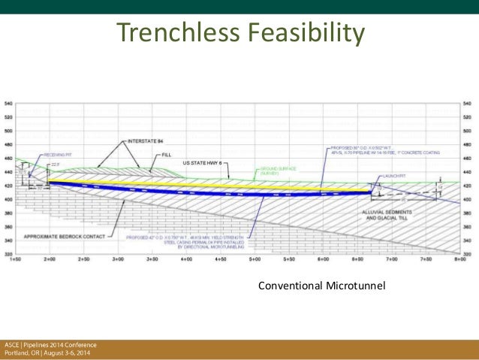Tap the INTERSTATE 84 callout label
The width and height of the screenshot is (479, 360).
pyautogui.click(x=147, y=141)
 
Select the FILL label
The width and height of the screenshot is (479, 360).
pyautogui.click(x=163, y=155)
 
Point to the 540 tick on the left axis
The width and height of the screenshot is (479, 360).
pyautogui.click(x=8, y=103)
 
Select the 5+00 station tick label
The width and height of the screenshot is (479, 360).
pyautogui.click(x=255, y=259)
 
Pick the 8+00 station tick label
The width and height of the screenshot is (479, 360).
pyautogui.click(x=459, y=259)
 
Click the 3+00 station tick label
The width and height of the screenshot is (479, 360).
pyautogui.click(x=118, y=259)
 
